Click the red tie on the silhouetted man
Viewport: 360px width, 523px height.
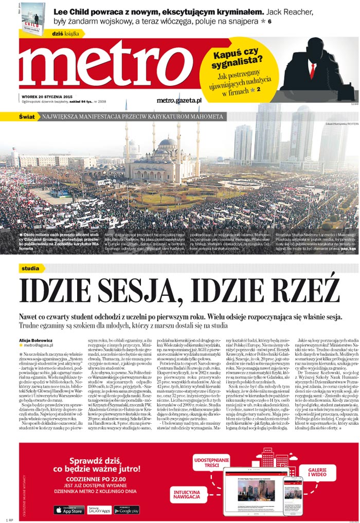312,69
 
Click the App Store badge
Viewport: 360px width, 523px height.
69,510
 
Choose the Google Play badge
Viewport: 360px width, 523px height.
126,510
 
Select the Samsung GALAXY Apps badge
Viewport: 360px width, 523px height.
98,510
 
